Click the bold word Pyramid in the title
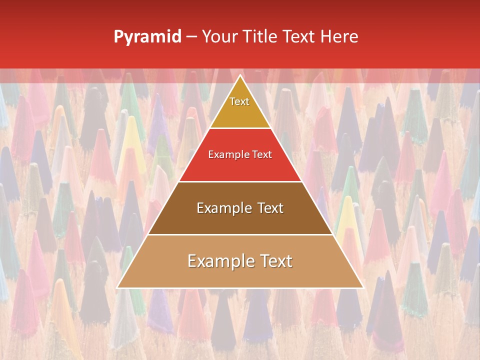coord(147,37)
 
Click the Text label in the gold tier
coord(239,101)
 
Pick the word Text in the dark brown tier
coord(270,208)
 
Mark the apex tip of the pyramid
coord(240,75)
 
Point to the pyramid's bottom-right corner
coord(362,287)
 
